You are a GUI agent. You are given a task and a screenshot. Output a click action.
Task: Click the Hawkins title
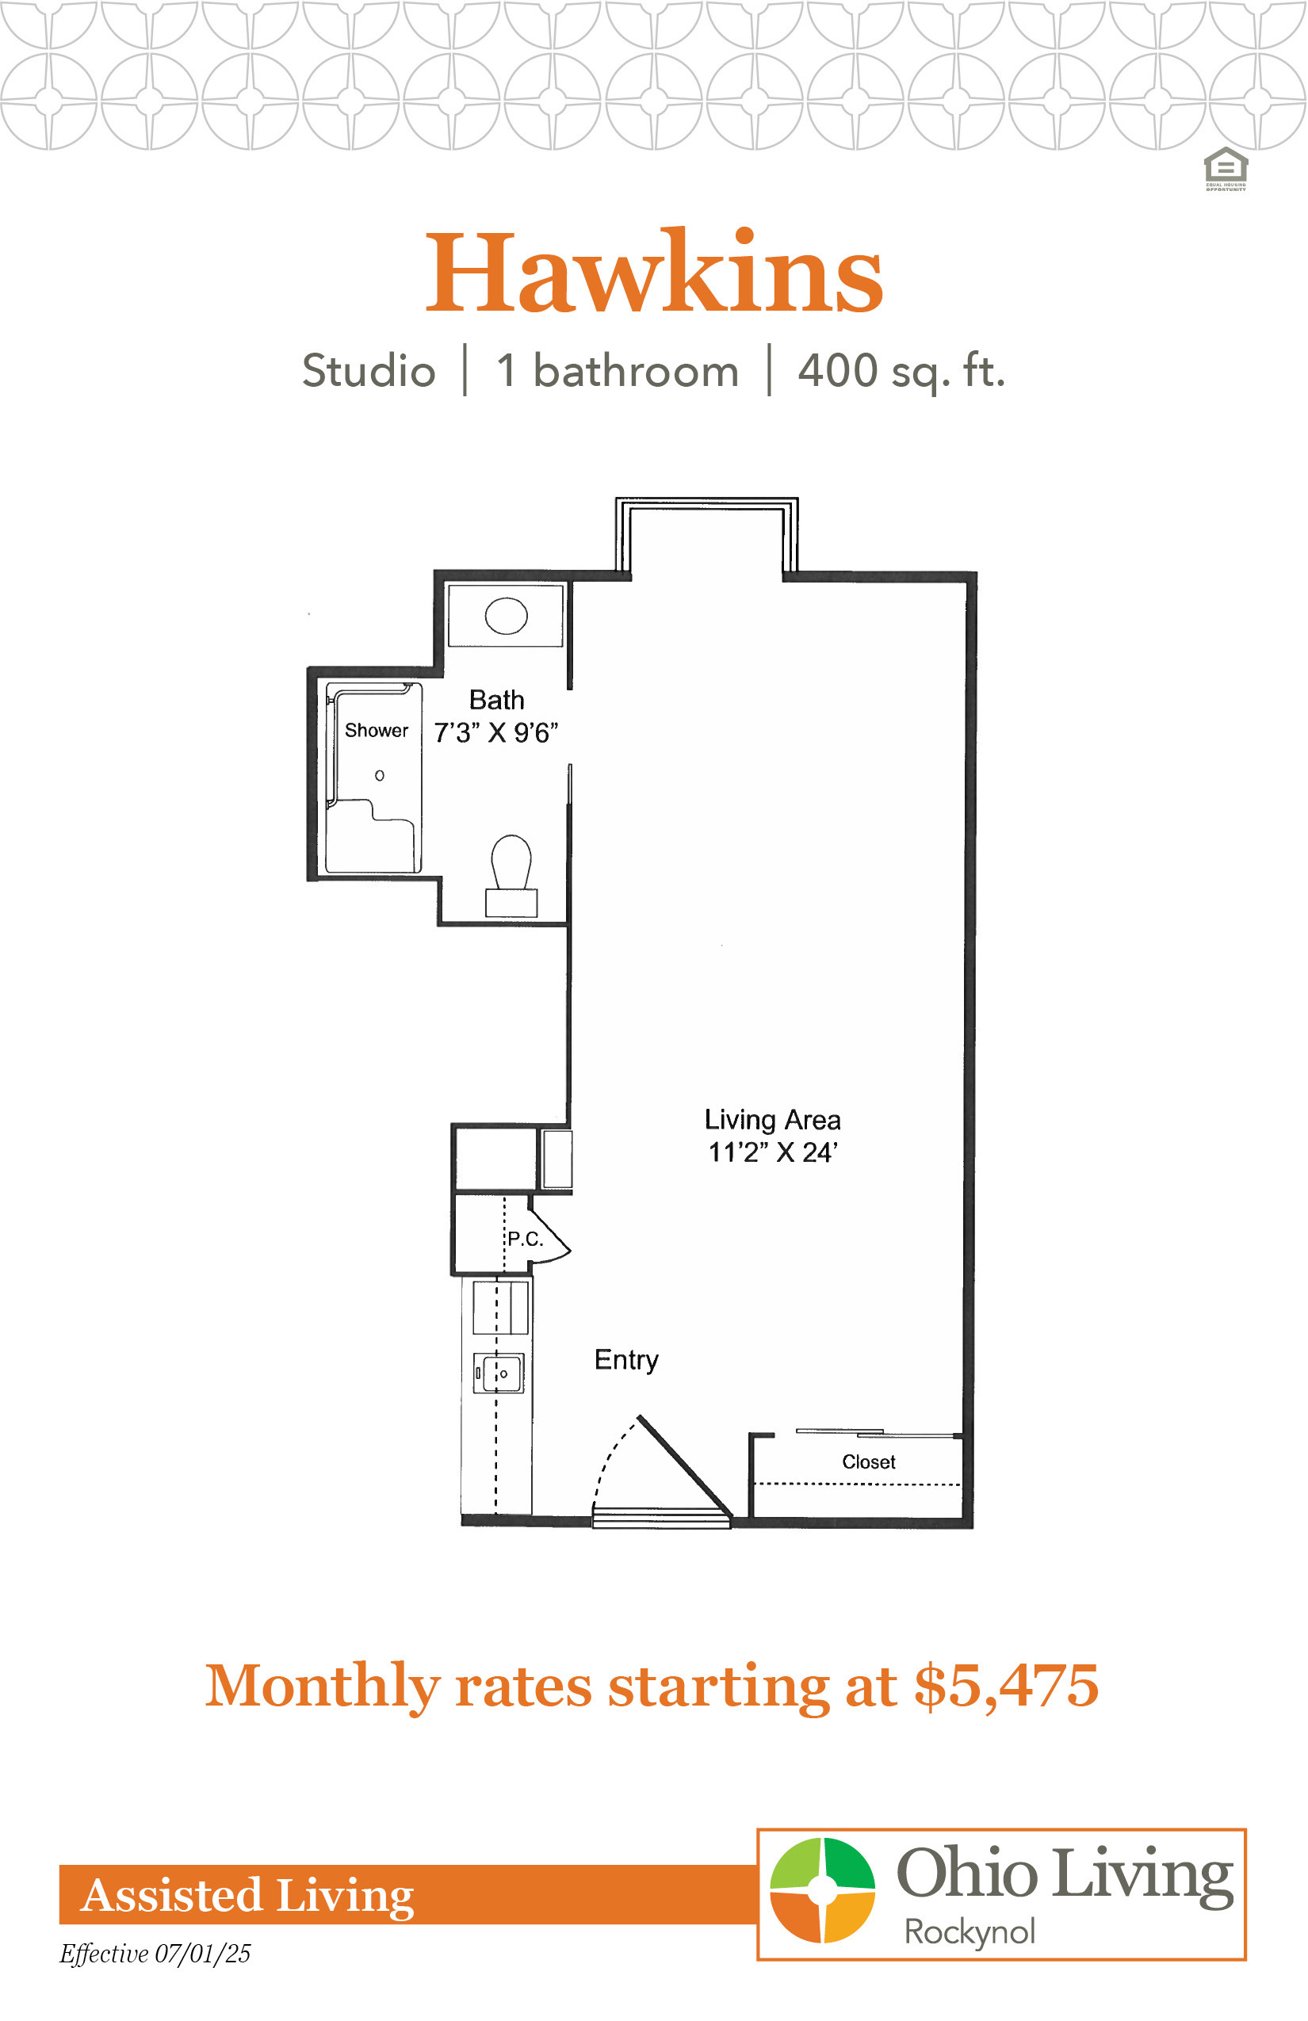(x=654, y=272)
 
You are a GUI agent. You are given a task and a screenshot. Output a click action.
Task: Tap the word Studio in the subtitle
(x=369, y=371)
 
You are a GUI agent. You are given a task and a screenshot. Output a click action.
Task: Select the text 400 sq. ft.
(x=901, y=372)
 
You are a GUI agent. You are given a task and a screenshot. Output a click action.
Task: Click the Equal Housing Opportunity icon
(x=1226, y=169)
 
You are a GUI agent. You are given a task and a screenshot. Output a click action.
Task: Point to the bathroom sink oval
(x=507, y=616)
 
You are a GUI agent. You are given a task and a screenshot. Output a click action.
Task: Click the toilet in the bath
(x=511, y=875)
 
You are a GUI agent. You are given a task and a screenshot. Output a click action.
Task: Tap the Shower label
(x=377, y=730)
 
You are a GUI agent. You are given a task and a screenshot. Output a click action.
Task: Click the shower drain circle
(x=380, y=775)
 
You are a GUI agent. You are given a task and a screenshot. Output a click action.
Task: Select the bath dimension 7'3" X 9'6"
(x=496, y=732)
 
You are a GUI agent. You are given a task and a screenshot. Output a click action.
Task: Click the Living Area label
(x=773, y=1120)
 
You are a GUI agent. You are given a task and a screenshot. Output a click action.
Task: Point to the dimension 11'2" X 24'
(x=774, y=1152)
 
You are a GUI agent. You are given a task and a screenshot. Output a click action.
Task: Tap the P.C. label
(x=525, y=1239)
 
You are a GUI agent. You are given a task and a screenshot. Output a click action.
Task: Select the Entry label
(x=627, y=1359)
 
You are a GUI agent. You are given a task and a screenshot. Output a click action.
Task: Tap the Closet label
(x=869, y=1461)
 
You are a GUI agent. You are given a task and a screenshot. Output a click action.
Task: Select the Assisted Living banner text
(x=247, y=1895)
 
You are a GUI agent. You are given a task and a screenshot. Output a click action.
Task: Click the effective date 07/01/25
(x=203, y=1954)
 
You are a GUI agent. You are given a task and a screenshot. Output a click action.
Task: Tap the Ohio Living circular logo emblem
(x=822, y=1890)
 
